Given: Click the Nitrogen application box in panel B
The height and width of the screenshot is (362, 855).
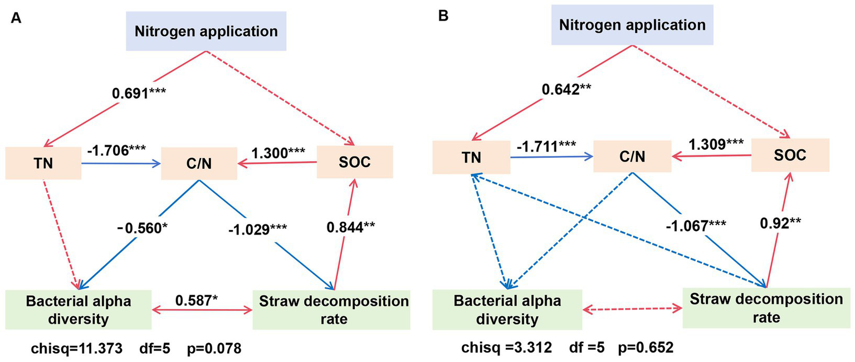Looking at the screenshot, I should pos(632,26).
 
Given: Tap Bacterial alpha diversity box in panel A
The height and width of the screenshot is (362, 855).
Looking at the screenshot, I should pos(78,309).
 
